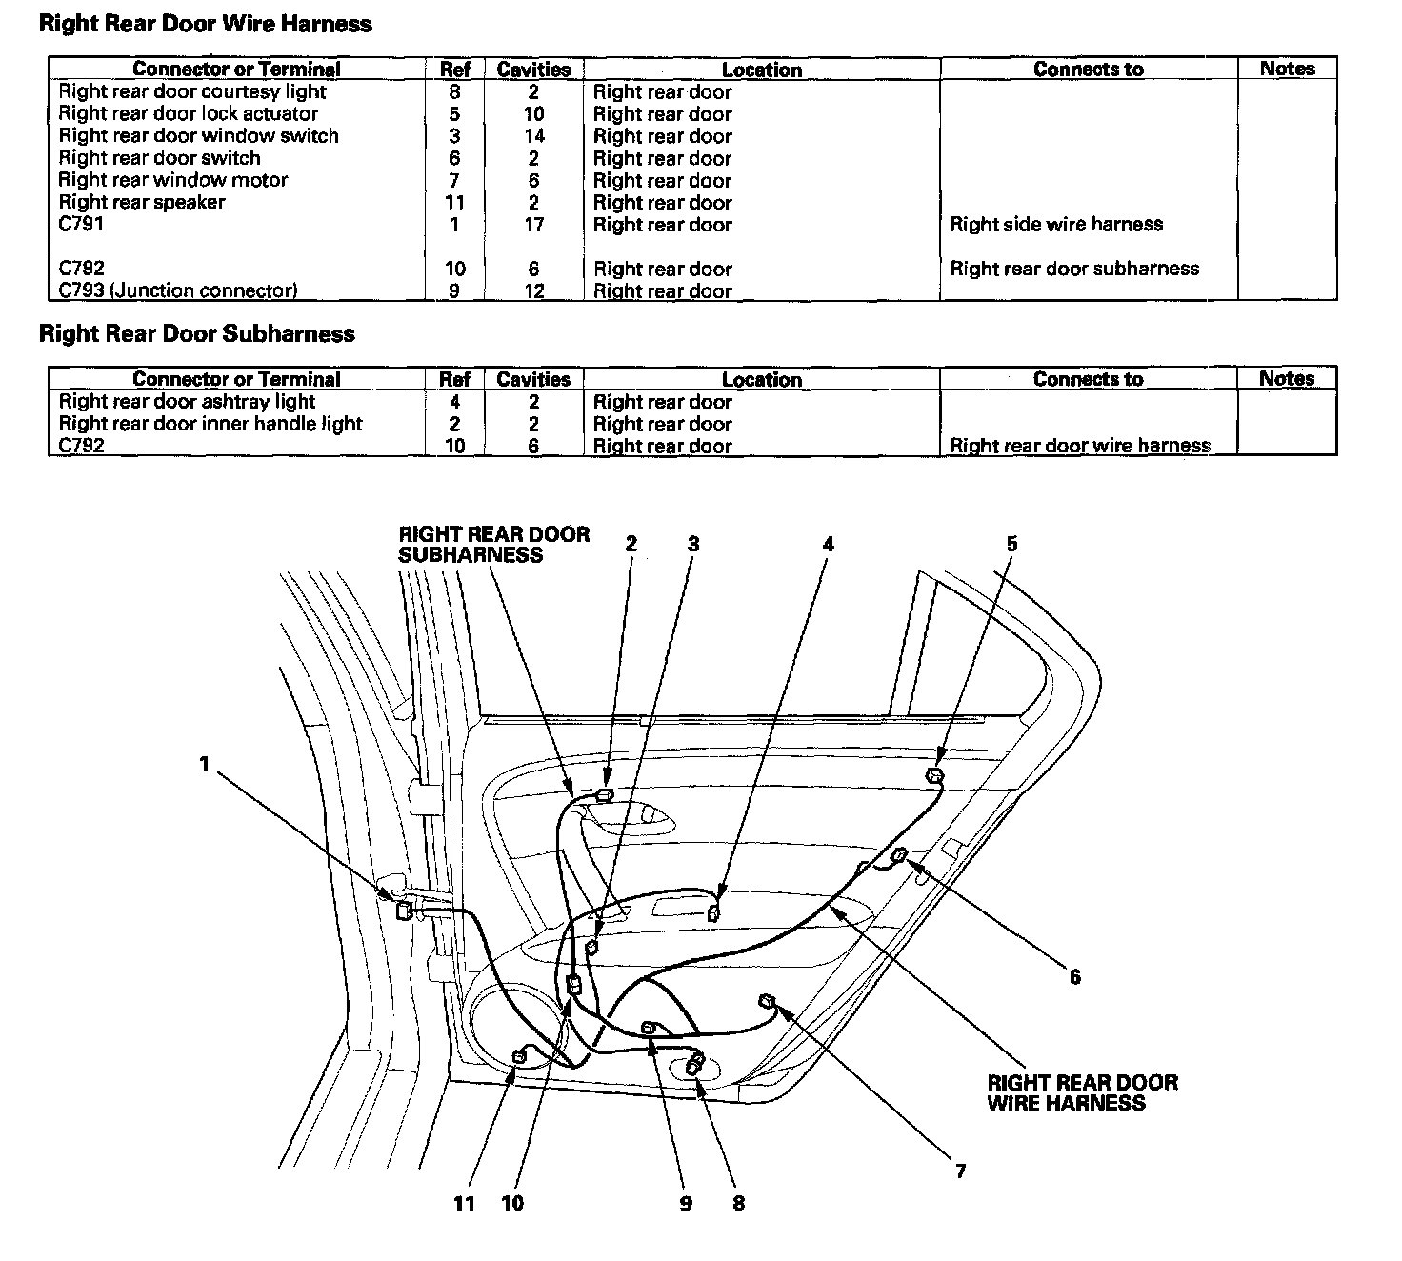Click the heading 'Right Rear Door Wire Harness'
tap(205, 24)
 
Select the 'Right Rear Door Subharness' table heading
tap(196, 333)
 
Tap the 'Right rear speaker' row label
tap(142, 202)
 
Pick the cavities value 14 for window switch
tap(533, 136)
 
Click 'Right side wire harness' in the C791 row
tap(1056, 225)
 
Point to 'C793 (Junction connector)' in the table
tap(177, 290)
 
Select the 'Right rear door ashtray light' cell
tap(187, 402)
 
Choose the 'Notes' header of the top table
tap(1287, 69)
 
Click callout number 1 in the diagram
tap(204, 763)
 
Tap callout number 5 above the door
tap(1011, 544)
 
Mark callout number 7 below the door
tap(960, 1171)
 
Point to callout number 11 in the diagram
tap(464, 1203)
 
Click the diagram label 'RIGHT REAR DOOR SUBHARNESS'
tap(493, 545)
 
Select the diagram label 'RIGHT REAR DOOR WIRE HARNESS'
tap(1082, 1092)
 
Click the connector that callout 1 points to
tap(404, 909)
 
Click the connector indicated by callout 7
tap(766, 1000)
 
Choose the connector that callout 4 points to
tap(712, 914)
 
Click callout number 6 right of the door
tap(1074, 976)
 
